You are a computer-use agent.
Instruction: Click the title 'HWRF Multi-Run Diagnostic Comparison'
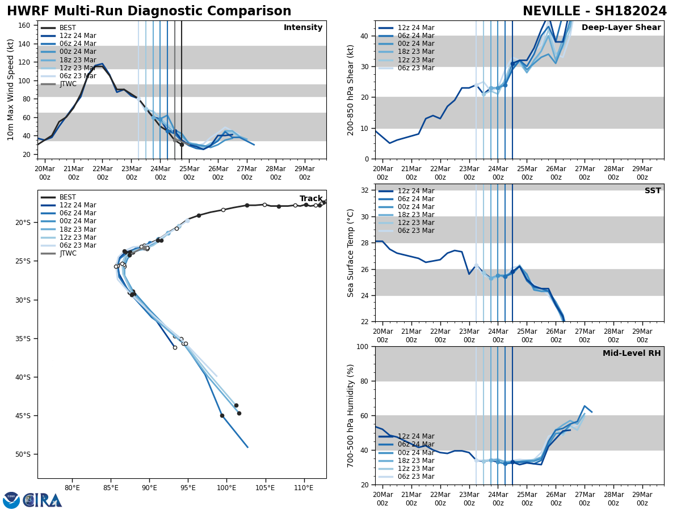(149, 11)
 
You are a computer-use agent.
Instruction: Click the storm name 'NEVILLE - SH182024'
(594, 11)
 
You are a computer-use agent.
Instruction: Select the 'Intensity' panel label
(303, 28)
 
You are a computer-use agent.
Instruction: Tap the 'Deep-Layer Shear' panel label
(621, 28)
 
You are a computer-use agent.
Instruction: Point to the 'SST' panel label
(653, 191)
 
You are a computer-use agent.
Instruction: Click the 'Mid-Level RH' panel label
(632, 354)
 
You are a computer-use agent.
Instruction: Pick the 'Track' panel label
(311, 199)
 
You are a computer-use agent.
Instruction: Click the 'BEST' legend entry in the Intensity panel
(68, 28)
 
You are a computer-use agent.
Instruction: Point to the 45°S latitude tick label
(22, 416)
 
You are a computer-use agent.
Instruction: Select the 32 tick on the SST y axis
(365, 190)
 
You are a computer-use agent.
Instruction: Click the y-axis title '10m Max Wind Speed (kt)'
(11, 90)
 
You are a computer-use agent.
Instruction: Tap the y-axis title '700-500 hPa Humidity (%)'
(351, 415)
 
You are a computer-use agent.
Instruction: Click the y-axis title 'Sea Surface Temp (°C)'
(351, 253)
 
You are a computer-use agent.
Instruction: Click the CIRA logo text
(43, 500)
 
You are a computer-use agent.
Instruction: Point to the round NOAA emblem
(11, 500)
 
